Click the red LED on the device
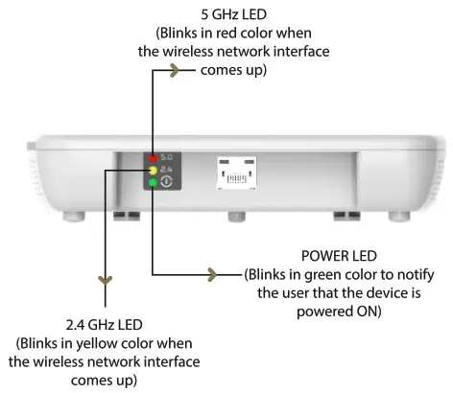tap(153, 156)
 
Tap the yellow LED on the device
tap(153, 169)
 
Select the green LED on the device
tap(153, 182)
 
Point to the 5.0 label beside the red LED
tap(168, 156)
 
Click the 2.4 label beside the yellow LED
tap(168, 169)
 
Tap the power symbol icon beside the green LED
tap(168, 182)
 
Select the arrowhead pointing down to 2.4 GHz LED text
tap(102, 281)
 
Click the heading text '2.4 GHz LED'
tap(101, 324)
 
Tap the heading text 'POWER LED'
tap(332, 256)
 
